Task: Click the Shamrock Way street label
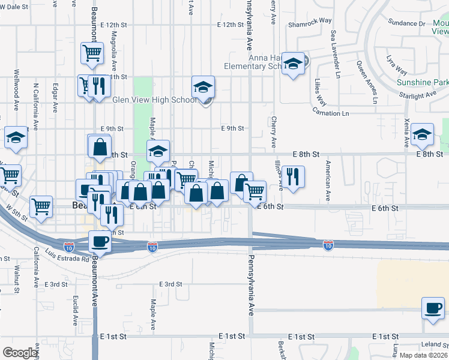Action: (310, 20)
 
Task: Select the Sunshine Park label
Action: (422, 82)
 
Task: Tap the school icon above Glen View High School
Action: (203, 87)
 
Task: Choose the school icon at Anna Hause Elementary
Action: (292, 64)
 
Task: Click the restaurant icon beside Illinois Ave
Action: (292, 176)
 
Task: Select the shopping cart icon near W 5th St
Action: (41, 206)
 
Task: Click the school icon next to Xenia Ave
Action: (422, 135)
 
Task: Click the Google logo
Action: (20, 353)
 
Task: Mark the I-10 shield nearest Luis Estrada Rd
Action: (67, 245)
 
